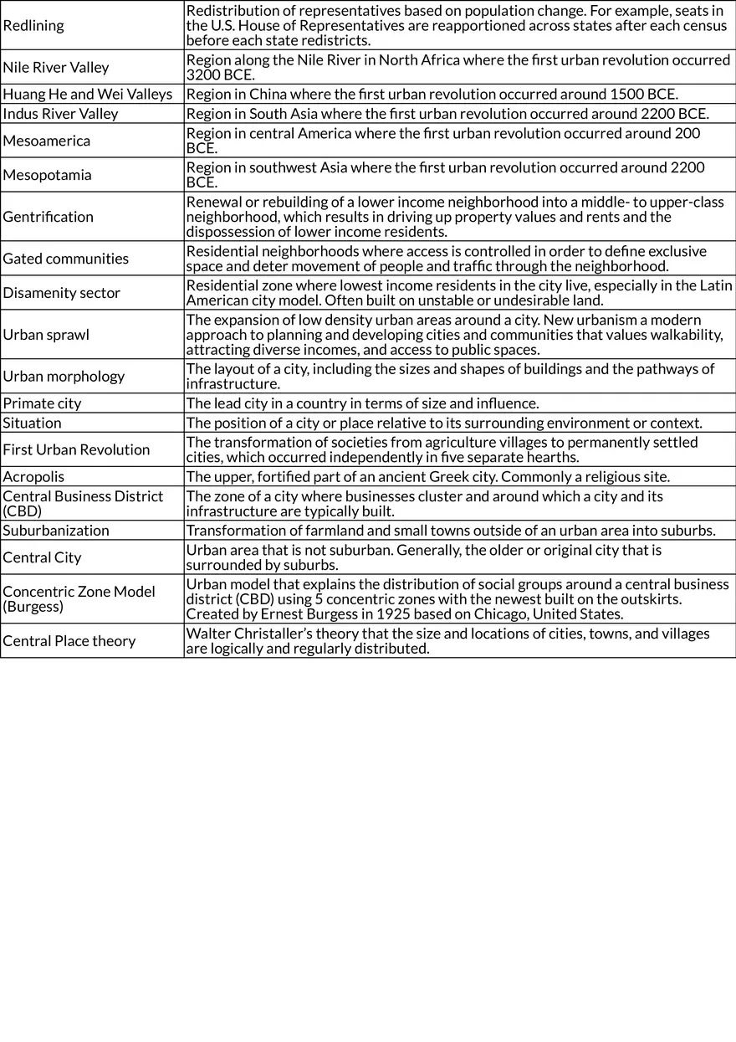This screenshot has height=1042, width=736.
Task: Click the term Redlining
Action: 33,25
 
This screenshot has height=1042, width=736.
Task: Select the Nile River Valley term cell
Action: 56,67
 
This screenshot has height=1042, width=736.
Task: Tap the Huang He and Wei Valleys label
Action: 88,94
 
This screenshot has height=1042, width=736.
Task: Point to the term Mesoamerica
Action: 47,141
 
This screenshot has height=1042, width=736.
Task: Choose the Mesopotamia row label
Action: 48,175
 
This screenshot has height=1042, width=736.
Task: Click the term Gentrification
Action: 49,217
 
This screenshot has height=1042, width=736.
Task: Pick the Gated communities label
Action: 66,259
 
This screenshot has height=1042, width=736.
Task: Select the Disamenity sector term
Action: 62,293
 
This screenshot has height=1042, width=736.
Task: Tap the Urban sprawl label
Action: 46,335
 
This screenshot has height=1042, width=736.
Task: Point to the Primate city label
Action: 43,403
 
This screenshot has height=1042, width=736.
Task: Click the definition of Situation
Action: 444,423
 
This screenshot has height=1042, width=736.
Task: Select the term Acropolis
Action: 33,476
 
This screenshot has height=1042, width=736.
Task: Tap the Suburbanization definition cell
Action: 451,531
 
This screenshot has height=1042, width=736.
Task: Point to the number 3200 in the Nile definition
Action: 204,74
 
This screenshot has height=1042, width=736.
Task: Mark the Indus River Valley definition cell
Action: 447,114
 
